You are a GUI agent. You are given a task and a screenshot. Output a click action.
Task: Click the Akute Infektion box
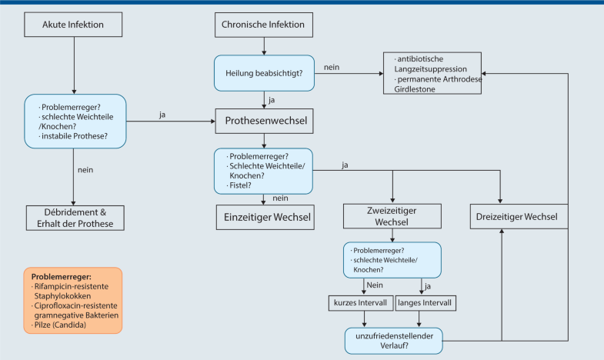pyautogui.click(x=74, y=26)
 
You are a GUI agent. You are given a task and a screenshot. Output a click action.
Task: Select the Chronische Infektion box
pyautogui.click(x=264, y=26)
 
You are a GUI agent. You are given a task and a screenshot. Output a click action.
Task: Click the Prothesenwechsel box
pyautogui.click(x=264, y=121)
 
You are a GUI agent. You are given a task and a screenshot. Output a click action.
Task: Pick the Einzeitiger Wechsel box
pyautogui.click(x=264, y=218)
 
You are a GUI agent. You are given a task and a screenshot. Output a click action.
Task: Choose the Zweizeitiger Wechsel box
pyautogui.click(x=393, y=216)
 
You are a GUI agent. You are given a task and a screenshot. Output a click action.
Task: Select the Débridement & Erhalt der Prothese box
pyautogui.click(x=74, y=218)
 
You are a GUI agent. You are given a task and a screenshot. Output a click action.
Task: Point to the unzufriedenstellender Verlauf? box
pyautogui.click(x=393, y=339)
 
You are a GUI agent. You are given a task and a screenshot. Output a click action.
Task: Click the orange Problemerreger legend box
pyautogui.click(x=72, y=300)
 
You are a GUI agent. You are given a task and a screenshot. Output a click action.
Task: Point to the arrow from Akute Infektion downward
pyautogui.click(x=74, y=65)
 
